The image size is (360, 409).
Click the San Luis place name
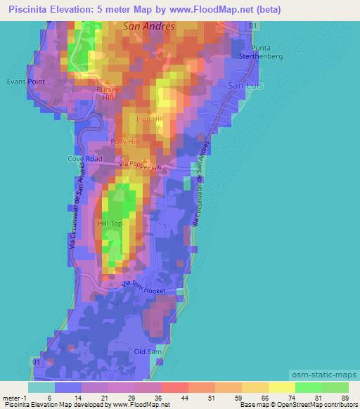click(x=245, y=84)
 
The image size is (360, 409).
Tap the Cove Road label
click(x=85, y=159)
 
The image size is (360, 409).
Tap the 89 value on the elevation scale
click(x=344, y=398)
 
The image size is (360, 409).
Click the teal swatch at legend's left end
click(x=41, y=387)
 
